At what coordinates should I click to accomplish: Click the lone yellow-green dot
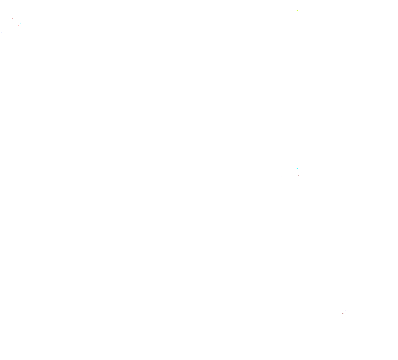click(297, 10)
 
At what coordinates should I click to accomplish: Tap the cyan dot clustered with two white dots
click(297, 168)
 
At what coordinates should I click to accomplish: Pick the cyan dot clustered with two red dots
click(21, 23)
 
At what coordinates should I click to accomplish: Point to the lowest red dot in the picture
click(343, 313)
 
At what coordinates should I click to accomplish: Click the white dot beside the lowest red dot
click(345, 310)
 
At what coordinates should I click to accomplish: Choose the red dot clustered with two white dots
click(298, 175)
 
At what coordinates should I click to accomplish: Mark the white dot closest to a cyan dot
click(302, 173)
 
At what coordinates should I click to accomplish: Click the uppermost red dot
click(12, 18)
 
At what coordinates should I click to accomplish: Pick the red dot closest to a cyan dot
click(18, 25)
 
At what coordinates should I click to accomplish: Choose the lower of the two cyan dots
click(297, 168)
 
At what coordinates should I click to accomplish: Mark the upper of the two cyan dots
click(21, 23)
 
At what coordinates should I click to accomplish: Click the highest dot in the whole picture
click(297, 10)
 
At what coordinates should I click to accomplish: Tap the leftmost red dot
click(12, 18)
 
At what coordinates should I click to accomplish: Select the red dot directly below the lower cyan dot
click(298, 175)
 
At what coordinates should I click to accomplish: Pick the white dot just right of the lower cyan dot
click(302, 173)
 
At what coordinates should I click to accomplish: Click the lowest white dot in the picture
click(345, 310)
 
